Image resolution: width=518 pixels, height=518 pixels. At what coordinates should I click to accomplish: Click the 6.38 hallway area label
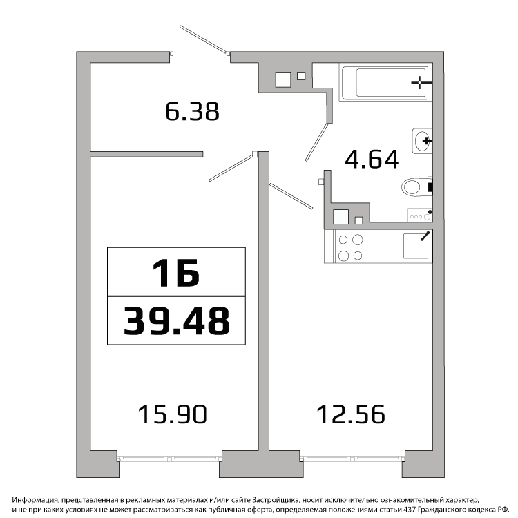(192, 112)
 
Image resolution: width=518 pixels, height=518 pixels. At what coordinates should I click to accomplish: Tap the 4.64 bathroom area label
(372, 160)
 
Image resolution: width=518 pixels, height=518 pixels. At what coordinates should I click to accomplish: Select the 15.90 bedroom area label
(173, 414)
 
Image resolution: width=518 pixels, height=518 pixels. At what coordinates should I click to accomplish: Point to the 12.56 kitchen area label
(351, 414)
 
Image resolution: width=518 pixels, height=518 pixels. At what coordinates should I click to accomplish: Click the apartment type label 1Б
(176, 273)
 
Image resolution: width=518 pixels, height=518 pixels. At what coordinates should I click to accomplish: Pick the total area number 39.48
(177, 320)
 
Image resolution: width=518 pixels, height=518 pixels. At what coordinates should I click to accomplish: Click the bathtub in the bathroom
(385, 82)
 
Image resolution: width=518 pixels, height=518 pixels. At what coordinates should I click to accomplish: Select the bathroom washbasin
(422, 141)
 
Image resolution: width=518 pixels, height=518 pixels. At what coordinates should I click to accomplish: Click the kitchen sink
(416, 246)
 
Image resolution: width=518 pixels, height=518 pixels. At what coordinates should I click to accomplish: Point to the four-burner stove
(350, 247)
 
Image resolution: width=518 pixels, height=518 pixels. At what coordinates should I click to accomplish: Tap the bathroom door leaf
(316, 142)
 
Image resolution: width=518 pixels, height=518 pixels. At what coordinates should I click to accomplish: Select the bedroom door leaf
(232, 167)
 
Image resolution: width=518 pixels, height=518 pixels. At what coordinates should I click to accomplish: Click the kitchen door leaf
(291, 196)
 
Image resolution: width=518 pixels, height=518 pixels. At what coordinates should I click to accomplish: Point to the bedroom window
(170, 459)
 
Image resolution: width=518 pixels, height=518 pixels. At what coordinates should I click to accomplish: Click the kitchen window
(353, 459)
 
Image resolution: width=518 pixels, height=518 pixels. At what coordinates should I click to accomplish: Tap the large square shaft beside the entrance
(283, 79)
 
